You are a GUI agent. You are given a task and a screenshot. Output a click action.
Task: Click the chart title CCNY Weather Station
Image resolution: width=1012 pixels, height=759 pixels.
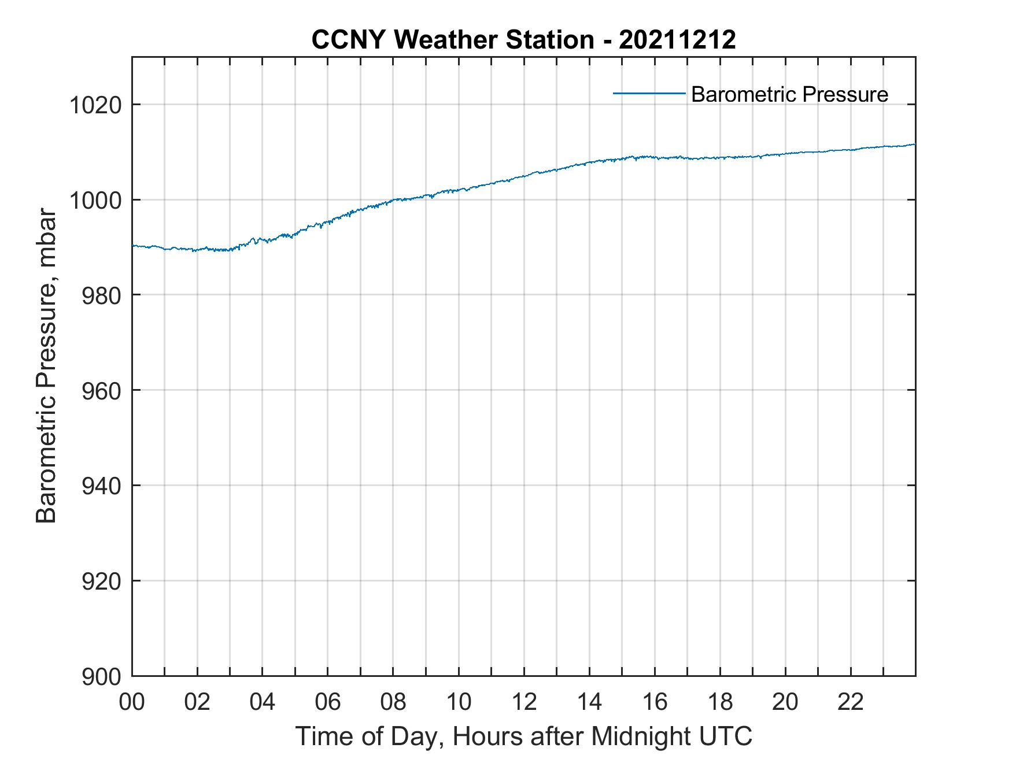pyautogui.click(x=452, y=40)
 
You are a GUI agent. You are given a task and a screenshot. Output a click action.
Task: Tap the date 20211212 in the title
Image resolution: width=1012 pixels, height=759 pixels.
pyautogui.click(x=677, y=40)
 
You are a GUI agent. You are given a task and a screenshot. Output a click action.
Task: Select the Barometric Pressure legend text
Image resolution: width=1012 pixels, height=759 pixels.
pyautogui.click(x=789, y=94)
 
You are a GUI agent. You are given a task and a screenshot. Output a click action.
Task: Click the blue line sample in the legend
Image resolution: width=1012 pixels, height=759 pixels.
pyautogui.click(x=649, y=93)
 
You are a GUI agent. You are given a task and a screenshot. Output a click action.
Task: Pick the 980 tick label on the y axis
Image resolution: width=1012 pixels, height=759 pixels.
pyautogui.click(x=102, y=295)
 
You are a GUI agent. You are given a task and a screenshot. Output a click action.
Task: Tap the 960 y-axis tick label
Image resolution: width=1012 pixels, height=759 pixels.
pyautogui.click(x=102, y=391)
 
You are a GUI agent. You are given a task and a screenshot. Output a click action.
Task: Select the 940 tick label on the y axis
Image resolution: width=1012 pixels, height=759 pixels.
pyautogui.click(x=102, y=486)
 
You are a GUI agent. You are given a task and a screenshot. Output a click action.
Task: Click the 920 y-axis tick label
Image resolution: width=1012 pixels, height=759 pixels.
pyautogui.click(x=102, y=581)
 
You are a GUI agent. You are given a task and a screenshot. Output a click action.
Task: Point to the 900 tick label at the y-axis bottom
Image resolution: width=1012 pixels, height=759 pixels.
pyautogui.click(x=102, y=676)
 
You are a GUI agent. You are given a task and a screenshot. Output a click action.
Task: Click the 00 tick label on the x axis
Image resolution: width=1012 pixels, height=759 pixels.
pyautogui.click(x=132, y=702)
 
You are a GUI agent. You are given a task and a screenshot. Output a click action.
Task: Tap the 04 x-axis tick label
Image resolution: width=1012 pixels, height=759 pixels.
pyautogui.click(x=263, y=702)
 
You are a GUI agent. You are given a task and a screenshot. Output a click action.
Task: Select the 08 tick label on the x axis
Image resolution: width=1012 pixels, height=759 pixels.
pyautogui.click(x=393, y=702)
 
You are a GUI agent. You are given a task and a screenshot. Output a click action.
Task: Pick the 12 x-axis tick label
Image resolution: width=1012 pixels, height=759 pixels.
pyautogui.click(x=524, y=702)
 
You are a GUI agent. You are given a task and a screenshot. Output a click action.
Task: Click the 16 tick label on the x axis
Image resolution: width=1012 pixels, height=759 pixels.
pyautogui.click(x=655, y=702)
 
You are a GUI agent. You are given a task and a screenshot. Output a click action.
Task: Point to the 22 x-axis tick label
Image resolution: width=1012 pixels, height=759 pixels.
pyautogui.click(x=851, y=702)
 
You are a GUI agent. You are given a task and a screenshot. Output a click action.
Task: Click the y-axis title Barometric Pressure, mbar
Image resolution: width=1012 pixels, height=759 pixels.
pyautogui.click(x=46, y=366)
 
